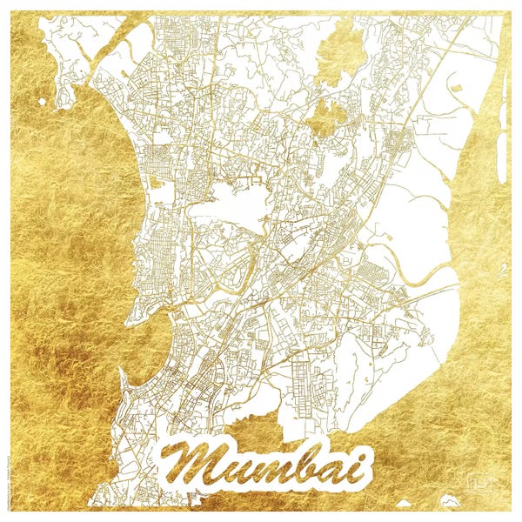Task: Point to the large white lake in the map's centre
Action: pyautogui.click(x=231, y=204)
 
